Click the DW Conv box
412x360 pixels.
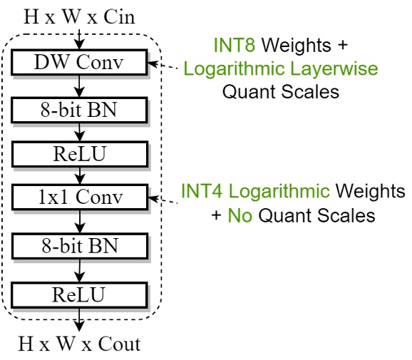[78, 63]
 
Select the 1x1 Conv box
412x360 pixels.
[78, 196]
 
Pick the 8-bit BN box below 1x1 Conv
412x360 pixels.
[78, 246]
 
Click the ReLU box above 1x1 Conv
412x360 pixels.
[78, 153]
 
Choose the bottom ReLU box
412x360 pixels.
[78, 294]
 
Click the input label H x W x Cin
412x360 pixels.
[78, 15]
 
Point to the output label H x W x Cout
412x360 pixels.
[79, 344]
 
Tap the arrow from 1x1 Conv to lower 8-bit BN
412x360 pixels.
[80, 221]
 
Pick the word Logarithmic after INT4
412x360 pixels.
[281, 191]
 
